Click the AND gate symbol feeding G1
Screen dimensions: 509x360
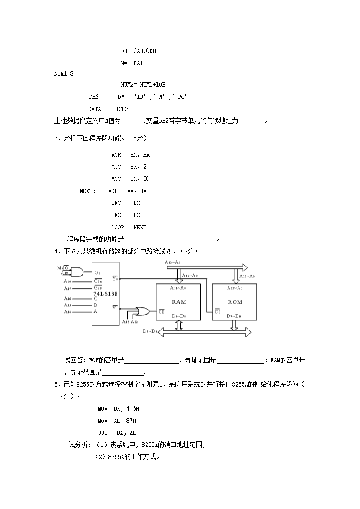coord(78,271)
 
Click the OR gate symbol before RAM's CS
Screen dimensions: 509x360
coord(142,311)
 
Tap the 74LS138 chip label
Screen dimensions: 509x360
coord(106,294)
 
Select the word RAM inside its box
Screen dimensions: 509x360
coord(179,302)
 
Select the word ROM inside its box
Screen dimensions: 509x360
coord(235,302)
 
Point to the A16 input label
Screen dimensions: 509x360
coord(68,298)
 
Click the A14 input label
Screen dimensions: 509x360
coord(68,312)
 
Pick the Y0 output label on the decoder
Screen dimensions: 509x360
coord(115,278)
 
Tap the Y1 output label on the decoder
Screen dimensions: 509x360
coord(115,308)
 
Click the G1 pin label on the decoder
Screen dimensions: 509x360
coord(97,273)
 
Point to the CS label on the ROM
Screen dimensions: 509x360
coord(218,311)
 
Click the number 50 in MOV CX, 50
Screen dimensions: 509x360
coord(146,179)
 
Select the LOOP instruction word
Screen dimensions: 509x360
coord(117,228)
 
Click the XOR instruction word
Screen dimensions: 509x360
coord(116,155)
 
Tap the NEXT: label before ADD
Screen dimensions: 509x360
coord(88,191)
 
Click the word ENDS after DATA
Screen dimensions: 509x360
coord(123,109)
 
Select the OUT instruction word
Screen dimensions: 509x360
coord(102,433)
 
